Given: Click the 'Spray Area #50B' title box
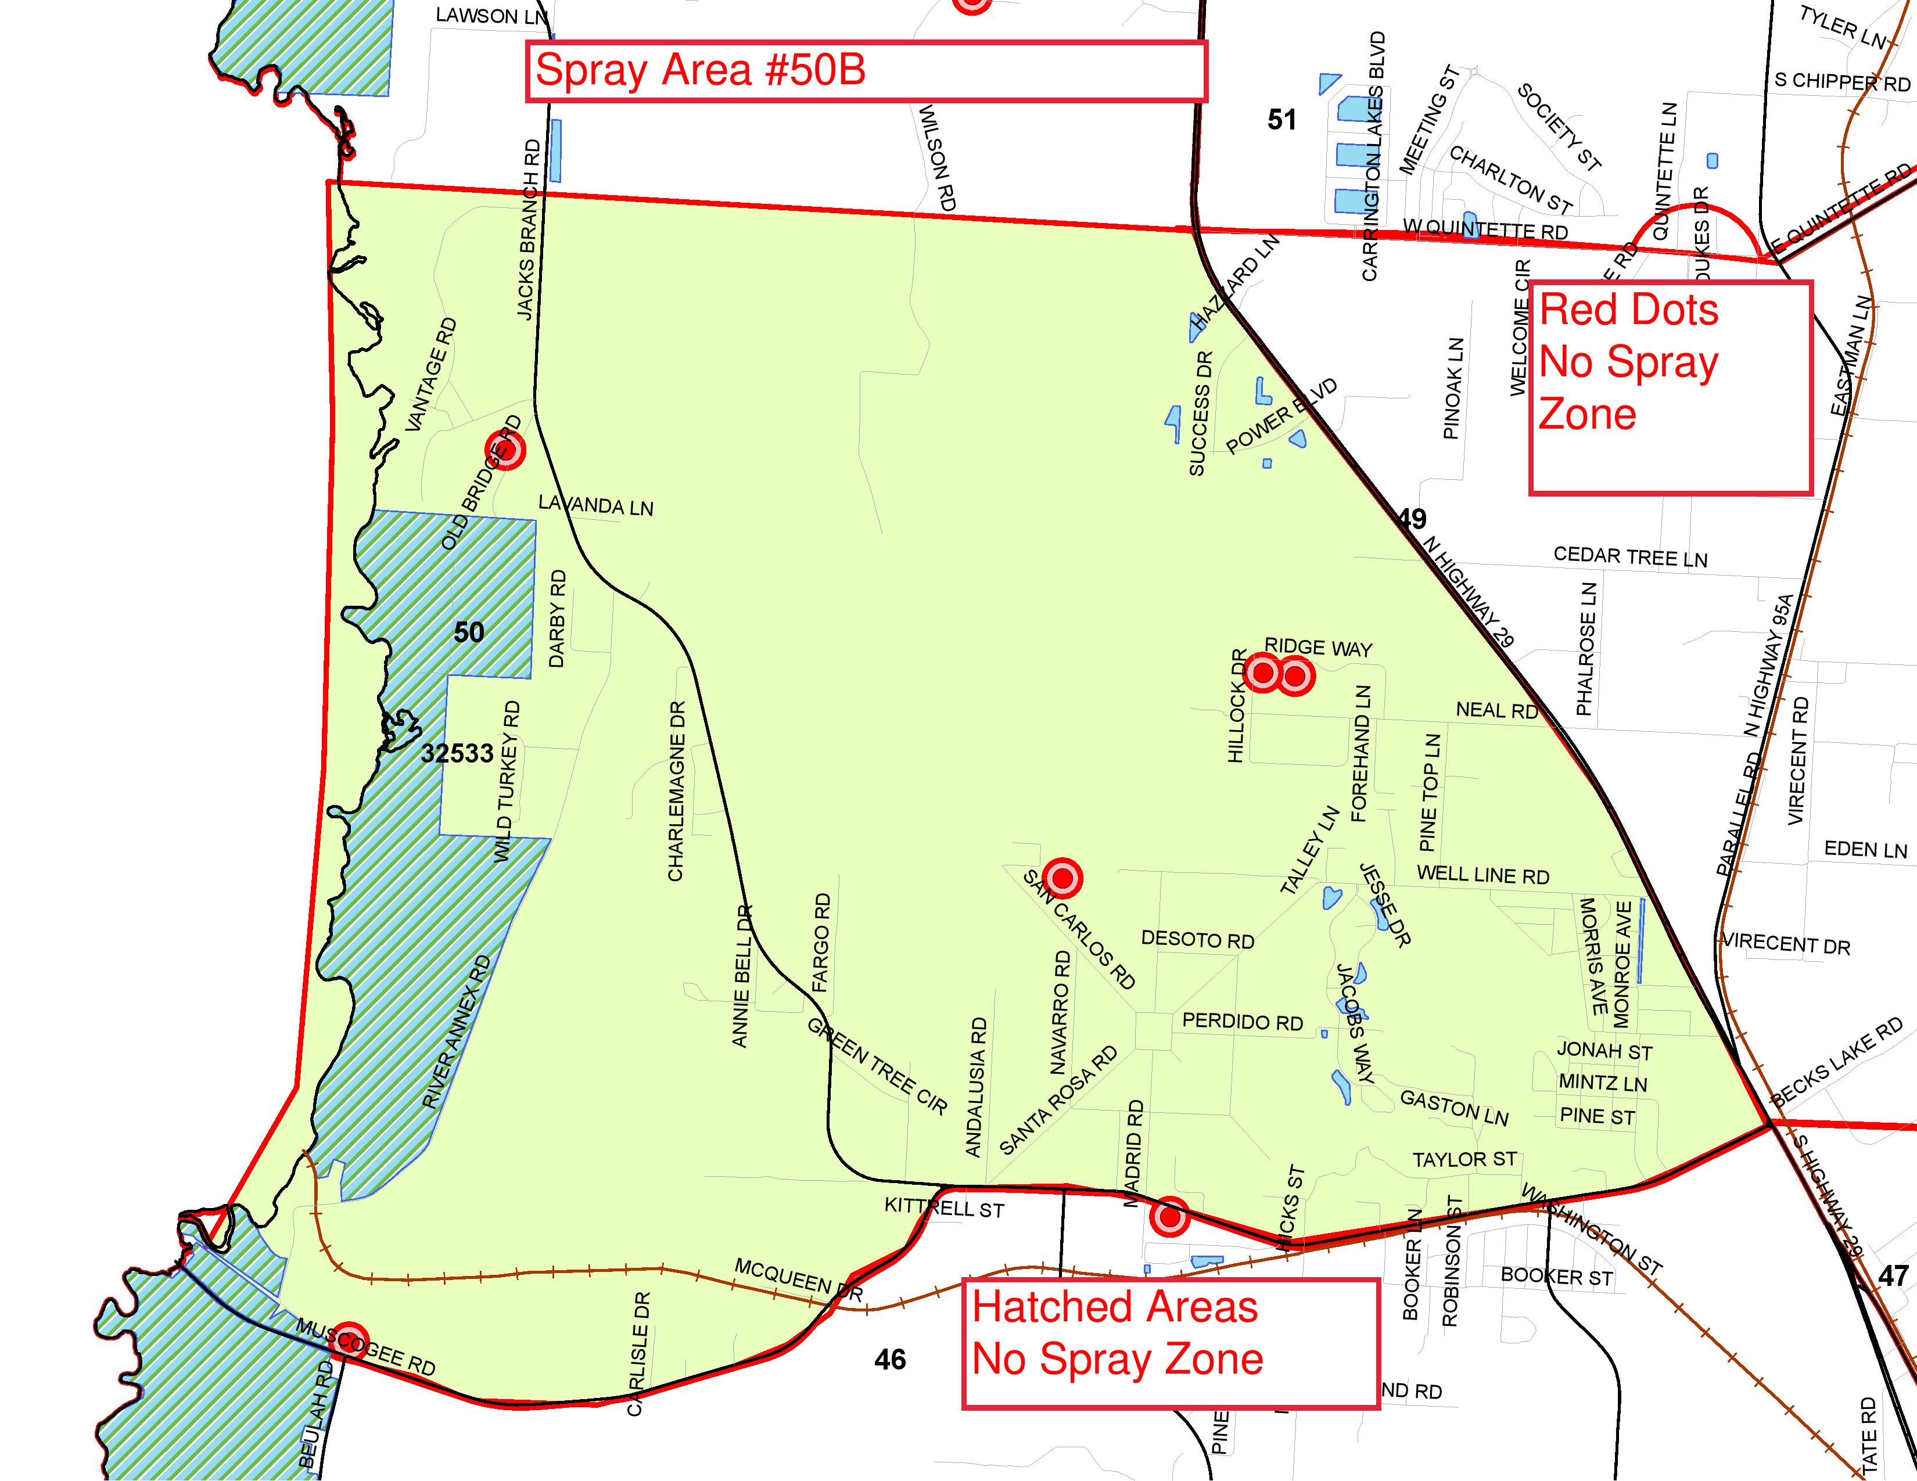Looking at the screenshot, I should (x=866, y=71).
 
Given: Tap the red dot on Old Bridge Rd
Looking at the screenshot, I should (x=505, y=450).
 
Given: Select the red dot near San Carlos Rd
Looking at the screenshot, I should (x=1062, y=878).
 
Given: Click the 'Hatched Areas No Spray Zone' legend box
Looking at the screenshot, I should (x=1170, y=1343).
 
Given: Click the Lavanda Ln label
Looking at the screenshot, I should (x=596, y=505).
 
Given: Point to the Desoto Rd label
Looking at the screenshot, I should (x=1197, y=940).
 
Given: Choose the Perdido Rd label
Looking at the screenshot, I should (x=1242, y=1022).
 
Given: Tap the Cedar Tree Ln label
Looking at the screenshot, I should (x=1630, y=556).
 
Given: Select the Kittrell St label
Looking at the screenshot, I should (x=943, y=1208).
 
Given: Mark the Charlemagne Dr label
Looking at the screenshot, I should (x=676, y=790).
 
